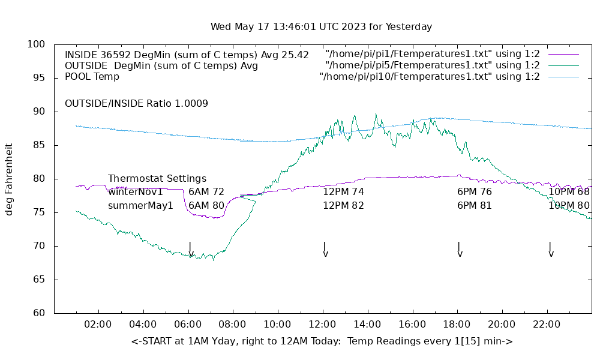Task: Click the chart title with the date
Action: point(321,27)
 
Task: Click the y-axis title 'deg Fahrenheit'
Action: point(10,179)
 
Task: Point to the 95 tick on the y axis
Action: point(37,78)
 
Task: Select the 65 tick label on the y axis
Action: point(37,280)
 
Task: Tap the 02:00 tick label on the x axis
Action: point(98,325)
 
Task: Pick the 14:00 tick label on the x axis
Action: point(367,325)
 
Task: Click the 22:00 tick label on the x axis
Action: point(547,325)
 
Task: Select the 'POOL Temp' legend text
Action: point(92,77)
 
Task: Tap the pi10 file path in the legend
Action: point(429,77)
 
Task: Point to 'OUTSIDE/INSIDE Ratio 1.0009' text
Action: point(136,103)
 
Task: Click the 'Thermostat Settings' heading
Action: point(157,178)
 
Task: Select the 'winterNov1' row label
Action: point(136,192)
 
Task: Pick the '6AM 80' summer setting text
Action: point(206,205)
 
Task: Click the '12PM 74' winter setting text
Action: point(343,192)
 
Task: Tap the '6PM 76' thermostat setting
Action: point(475,192)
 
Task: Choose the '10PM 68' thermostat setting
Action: point(569,192)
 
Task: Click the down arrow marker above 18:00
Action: point(460,249)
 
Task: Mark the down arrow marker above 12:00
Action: point(325,249)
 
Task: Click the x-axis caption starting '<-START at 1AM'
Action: point(322,341)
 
